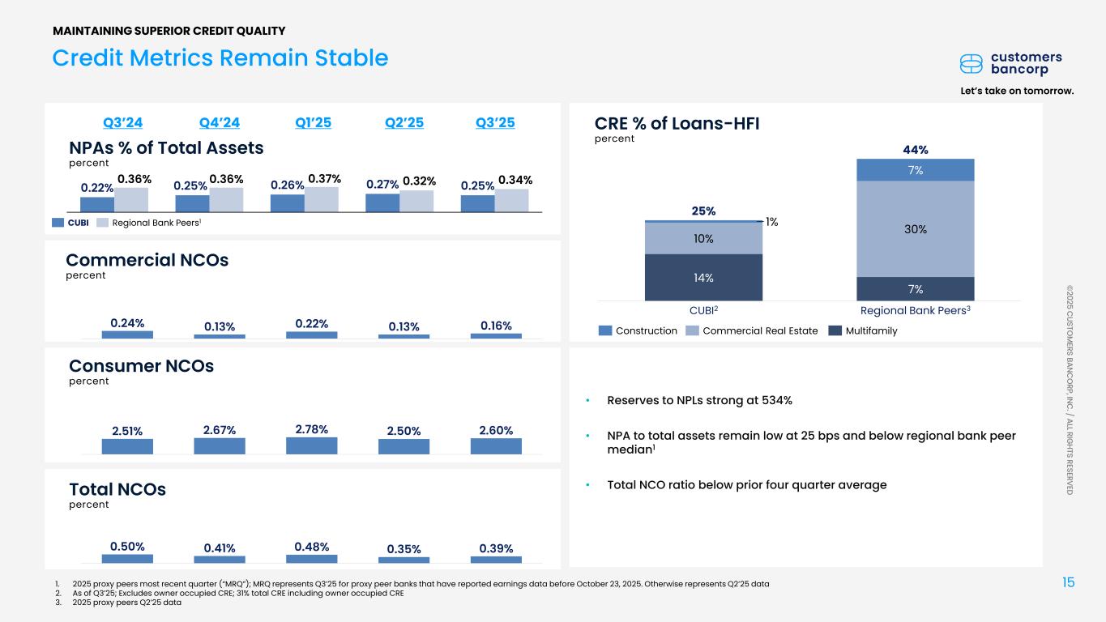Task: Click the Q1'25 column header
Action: coord(313,122)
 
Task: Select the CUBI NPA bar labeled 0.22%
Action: coord(97,204)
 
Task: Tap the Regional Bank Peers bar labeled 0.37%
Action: coord(322,199)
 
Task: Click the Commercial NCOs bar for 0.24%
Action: coord(127,334)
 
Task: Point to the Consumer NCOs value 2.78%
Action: coord(312,429)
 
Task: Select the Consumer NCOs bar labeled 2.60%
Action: coord(496,446)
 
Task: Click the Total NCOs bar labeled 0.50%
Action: coord(127,559)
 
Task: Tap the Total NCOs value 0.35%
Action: coord(404,549)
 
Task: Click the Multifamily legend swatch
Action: coord(835,330)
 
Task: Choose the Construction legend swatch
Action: coord(604,330)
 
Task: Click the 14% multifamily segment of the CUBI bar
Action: coord(703,278)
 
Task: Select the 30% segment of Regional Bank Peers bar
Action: coord(916,229)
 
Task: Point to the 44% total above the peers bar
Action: coord(916,150)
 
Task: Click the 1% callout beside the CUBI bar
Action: coord(771,222)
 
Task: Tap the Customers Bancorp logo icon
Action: coord(971,64)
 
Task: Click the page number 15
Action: coord(1069,582)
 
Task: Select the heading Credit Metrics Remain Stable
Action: coord(220,58)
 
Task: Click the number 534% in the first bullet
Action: coord(777,400)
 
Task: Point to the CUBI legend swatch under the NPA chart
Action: coord(58,223)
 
